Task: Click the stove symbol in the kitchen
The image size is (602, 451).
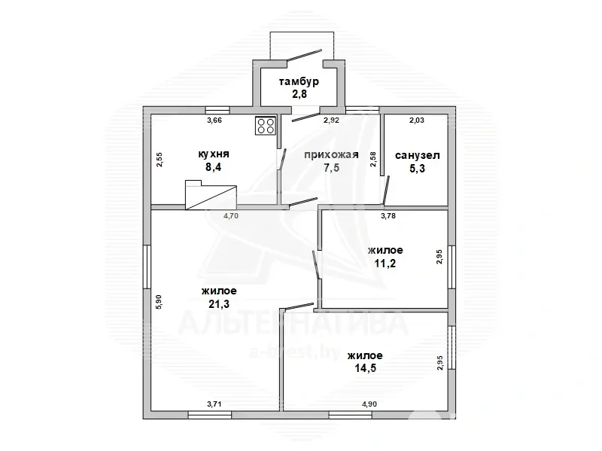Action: (266, 126)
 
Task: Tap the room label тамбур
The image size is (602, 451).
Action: (299, 82)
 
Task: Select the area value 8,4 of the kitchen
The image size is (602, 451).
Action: (214, 167)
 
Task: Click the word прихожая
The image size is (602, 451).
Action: (331, 155)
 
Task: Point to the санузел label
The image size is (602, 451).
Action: (418, 156)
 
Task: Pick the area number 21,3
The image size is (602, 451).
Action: (219, 304)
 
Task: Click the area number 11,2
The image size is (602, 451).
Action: (385, 264)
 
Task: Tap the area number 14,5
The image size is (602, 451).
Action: (365, 368)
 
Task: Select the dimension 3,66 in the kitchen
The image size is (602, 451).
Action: (214, 120)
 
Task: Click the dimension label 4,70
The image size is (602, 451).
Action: (231, 216)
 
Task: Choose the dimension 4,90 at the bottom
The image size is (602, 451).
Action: (369, 404)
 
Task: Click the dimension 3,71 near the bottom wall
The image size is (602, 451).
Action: (214, 404)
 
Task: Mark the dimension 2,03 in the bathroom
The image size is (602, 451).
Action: (417, 120)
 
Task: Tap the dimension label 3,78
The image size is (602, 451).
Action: (388, 216)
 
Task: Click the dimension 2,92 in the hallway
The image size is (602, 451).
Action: (331, 120)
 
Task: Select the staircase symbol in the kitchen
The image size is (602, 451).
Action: (211, 195)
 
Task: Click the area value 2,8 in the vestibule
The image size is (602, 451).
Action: (299, 94)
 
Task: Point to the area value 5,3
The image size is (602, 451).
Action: (418, 168)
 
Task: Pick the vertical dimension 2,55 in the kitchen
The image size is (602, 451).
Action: (160, 160)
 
